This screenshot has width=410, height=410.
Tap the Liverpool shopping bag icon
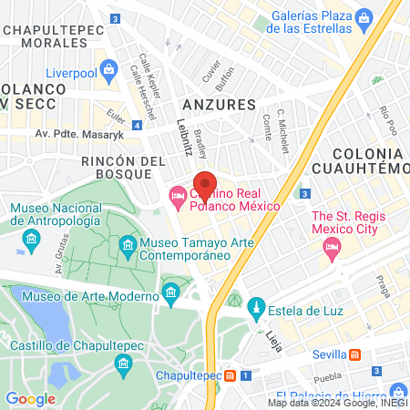(109, 68)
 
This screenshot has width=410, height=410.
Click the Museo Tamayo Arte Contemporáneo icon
(128, 245)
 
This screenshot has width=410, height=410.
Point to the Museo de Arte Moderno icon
(170, 292)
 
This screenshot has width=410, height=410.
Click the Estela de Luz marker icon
(257, 307)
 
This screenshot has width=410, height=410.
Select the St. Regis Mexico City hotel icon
(332, 245)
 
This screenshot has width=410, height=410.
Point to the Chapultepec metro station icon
(231, 375)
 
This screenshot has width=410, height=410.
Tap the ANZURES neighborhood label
(214, 103)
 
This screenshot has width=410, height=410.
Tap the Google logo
(30, 398)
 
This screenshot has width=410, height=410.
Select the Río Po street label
(386, 118)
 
